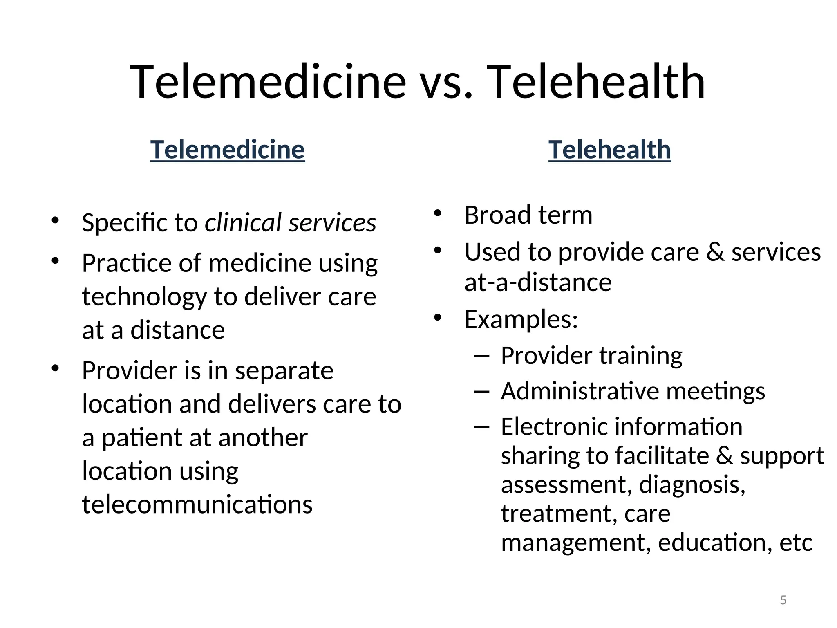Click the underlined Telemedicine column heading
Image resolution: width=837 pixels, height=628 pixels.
point(227,150)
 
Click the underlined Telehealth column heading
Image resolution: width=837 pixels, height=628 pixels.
point(609,150)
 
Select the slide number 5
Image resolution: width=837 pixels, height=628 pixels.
point(783,600)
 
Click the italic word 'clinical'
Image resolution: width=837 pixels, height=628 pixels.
point(243,223)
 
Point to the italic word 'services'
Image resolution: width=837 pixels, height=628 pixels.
point(332,223)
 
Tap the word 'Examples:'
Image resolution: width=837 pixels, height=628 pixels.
point(521,319)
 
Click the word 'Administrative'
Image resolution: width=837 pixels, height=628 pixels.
point(580,391)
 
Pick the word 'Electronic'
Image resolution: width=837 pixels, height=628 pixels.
point(555,427)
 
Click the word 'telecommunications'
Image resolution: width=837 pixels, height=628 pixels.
point(197,505)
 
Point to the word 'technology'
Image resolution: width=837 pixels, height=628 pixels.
point(144,297)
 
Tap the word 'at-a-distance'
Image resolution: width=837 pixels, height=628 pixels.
point(538,283)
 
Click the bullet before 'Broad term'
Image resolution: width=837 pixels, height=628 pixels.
point(438,213)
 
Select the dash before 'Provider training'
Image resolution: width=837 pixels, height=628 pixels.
point(482,356)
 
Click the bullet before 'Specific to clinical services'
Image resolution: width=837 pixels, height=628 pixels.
point(55,221)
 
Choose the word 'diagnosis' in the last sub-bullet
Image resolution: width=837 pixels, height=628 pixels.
point(692,485)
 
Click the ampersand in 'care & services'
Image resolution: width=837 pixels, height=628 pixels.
point(715,252)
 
